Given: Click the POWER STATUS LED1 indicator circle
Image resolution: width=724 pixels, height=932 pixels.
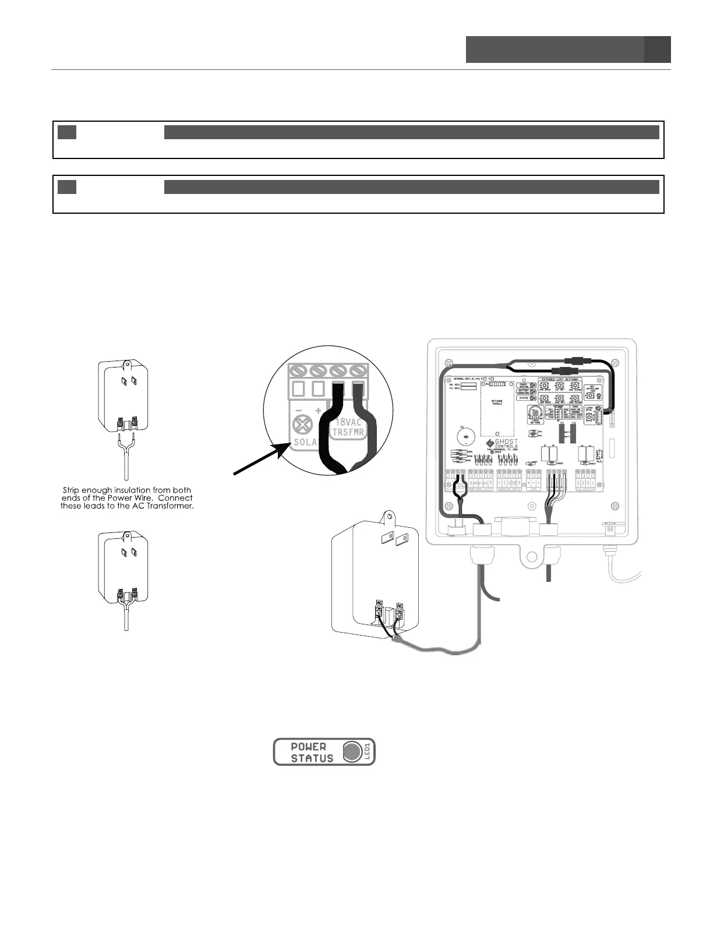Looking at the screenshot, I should tap(351, 752).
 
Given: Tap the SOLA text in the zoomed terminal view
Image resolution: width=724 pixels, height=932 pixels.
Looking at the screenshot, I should tap(305, 442).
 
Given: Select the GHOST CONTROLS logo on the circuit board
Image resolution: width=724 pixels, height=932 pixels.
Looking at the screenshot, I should tap(502, 444).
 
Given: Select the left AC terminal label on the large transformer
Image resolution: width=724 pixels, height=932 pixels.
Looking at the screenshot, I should tap(379, 603).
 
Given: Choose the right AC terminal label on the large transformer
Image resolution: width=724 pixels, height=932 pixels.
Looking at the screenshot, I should tap(400, 606).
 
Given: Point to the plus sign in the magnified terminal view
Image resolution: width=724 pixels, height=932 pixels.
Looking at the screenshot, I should tap(319, 411).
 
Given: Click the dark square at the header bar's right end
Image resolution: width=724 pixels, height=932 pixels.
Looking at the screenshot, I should tap(657, 50).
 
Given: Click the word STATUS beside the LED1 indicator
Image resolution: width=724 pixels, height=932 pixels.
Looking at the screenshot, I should tap(312, 758).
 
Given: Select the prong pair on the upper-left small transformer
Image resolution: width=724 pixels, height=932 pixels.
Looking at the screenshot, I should tap(128, 382).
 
